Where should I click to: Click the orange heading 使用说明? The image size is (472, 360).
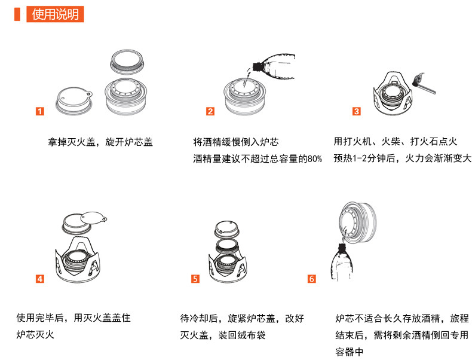click(x=55, y=14)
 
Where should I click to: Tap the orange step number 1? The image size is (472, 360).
click(x=40, y=111)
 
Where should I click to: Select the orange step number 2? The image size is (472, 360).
click(x=210, y=111)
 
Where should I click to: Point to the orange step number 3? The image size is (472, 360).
click(x=357, y=111)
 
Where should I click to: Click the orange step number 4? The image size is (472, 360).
click(x=40, y=279)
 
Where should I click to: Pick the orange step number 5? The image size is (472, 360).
click(x=195, y=279)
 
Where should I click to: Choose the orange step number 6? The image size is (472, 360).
click(x=311, y=279)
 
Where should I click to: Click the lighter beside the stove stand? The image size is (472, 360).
click(x=424, y=84)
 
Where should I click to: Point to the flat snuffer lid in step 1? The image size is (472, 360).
click(x=74, y=100)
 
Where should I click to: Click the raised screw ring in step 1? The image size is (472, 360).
click(x=127, y=62)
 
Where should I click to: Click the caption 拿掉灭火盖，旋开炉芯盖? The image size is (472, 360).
click(x=100, y=142)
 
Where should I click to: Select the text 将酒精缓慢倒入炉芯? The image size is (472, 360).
click(x=236, y=142)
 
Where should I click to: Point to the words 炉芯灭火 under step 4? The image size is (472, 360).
click(x=35, y=334)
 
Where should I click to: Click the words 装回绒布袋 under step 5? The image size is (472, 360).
click(x=242, y=335)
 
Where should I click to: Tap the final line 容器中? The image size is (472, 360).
click(x=350, y=352)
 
